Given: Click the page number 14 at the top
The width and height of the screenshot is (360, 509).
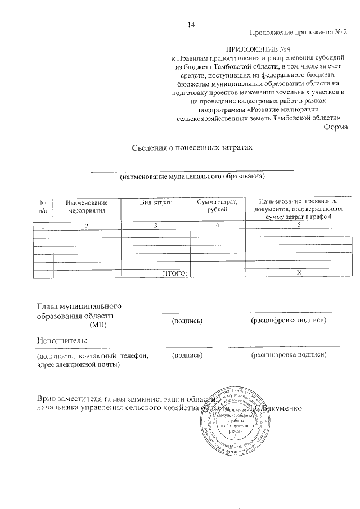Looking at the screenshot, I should click(191, 24).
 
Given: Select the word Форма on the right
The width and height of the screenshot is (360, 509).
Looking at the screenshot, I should click(336, 127).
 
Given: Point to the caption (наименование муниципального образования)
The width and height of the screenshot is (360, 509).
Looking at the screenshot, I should click(192, 177).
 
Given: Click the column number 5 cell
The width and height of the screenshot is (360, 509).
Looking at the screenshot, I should click(299, 226).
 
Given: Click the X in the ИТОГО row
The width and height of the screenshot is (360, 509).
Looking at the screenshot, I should click(299, 273).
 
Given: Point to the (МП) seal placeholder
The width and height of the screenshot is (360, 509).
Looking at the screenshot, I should click(98, 325).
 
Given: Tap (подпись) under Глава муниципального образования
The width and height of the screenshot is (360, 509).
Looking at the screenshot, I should click(187, 320).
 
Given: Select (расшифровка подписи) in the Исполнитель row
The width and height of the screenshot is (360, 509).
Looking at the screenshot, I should click(289, 355).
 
